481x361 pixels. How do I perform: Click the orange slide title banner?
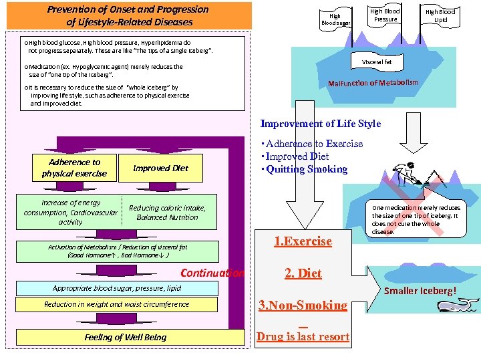point(128,15)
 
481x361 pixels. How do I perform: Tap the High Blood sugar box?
point(335,19)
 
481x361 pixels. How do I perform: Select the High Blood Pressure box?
point(385,15)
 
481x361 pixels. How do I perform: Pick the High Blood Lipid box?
point(440,15)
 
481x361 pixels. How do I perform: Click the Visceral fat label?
point(377,62)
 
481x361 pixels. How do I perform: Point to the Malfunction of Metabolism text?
point(373,84)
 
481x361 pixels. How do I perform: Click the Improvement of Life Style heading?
point(320,124)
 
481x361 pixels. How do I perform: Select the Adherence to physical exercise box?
point(73,168)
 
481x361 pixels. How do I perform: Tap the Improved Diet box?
point(160,168)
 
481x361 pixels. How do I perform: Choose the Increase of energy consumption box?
point(71,213)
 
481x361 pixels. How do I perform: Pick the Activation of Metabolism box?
point(118,251)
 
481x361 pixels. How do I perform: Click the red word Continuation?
point(212,273)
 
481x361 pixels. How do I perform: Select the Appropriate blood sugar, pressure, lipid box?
point(117,288)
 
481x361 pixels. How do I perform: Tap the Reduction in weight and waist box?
point(117,304)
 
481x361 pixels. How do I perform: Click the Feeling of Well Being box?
point(125,337)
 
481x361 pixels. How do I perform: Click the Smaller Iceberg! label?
point(428,291)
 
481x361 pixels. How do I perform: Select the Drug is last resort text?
point(303,336)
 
